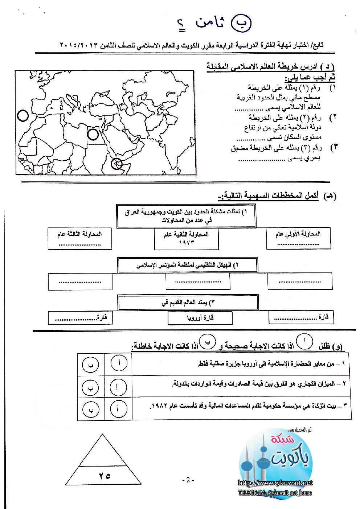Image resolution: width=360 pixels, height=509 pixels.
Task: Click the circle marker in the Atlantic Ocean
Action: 23,116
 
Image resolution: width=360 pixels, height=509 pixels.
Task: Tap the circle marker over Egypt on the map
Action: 93,135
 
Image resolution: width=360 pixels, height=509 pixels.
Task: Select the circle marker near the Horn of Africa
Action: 116,164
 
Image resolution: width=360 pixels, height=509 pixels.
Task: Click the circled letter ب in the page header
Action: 241,22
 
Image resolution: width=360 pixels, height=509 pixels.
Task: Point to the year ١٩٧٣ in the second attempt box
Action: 187,243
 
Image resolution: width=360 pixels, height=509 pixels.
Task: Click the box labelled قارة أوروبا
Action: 200,318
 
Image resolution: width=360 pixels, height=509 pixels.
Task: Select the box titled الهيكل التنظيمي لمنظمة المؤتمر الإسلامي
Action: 188,265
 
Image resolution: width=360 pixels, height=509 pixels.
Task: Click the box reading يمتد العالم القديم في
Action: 188,302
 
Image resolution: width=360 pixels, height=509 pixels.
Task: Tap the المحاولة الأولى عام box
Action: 298,238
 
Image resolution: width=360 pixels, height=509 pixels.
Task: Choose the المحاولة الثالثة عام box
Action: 79,238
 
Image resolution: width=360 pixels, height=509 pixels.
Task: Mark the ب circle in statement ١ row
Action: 90,365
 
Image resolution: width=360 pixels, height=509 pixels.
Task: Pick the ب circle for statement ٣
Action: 91,410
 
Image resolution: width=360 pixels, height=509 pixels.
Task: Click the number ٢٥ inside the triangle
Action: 105,476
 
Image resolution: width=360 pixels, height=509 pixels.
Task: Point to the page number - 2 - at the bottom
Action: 188,480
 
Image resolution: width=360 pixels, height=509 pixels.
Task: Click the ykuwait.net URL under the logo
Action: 275,483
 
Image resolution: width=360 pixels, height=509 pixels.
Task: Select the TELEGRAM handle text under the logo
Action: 275,493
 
